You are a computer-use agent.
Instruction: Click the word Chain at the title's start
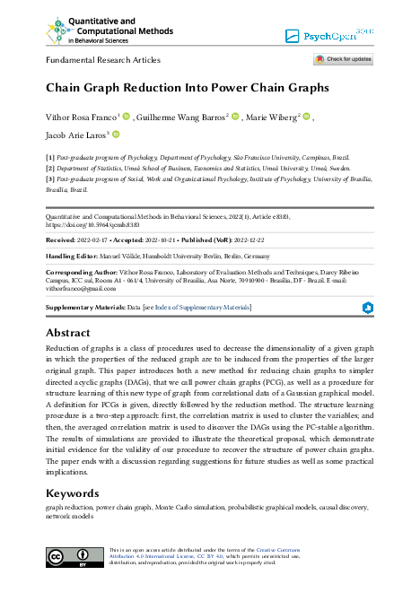66,88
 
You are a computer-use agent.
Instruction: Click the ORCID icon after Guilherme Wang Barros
236,117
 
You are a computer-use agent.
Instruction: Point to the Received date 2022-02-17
100,240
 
